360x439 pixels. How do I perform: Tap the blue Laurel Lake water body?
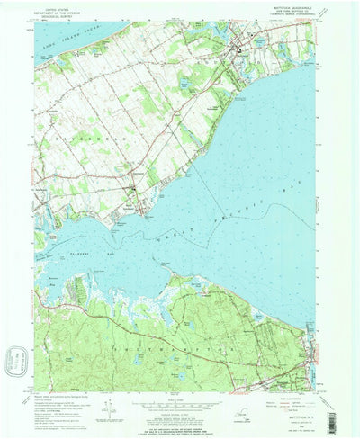pyautogui.click(x=183, y=83)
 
